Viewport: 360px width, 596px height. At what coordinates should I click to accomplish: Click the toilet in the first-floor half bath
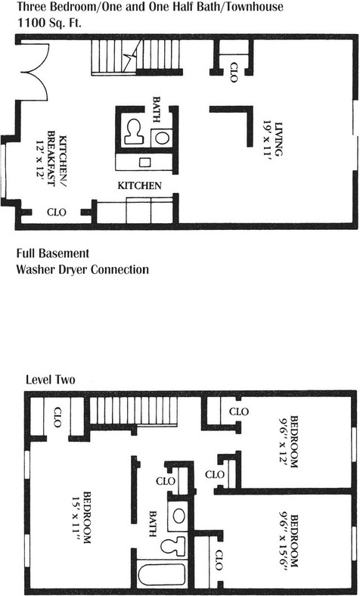pyautogui.click(x=133, y=132)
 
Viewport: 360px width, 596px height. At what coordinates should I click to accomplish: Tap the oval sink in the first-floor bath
pyautogui.click(x=162, y=138)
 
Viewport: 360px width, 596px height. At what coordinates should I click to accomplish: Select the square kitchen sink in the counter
pyautogui.click(x=144, y=163)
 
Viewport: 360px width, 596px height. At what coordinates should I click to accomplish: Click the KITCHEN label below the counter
pyautogui.click(x=139, y=186)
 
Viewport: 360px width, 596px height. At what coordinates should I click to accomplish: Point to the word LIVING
pyautogui.click(x=279, y=138)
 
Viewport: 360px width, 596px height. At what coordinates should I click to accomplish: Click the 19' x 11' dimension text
pyautogui.click(x=268, y=138)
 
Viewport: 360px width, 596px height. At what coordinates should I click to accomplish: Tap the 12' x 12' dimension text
pyautogui.click(x=39, y=162)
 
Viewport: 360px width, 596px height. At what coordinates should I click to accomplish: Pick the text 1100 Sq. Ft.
pyautogui.click(x=50, y=23)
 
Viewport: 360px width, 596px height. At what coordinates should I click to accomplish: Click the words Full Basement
pyautogui.click(x=52, y=253)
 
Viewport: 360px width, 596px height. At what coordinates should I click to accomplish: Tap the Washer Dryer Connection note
pyautogui.click(x=82, y=269)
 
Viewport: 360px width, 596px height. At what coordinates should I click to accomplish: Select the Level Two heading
pyautogui.click(x=50, y=380)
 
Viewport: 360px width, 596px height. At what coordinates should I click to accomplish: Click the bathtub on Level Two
pyautogui.click(x=162, y=574)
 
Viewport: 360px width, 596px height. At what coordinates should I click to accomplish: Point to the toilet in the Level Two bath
pyautogui.click(x=173, y=546)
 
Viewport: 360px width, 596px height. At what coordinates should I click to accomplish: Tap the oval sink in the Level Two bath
pyautogui.click(x=178, y=516)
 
